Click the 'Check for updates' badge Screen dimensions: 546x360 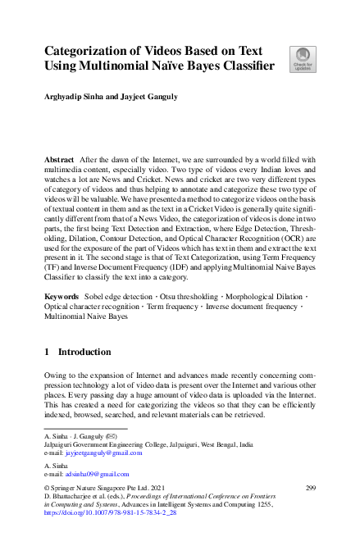(302, 60)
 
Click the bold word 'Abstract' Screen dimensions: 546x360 (60, 158)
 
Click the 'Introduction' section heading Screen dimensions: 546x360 (84, 352)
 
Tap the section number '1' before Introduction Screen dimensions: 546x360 (47, 352)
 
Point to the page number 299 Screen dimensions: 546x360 (310, 489)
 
